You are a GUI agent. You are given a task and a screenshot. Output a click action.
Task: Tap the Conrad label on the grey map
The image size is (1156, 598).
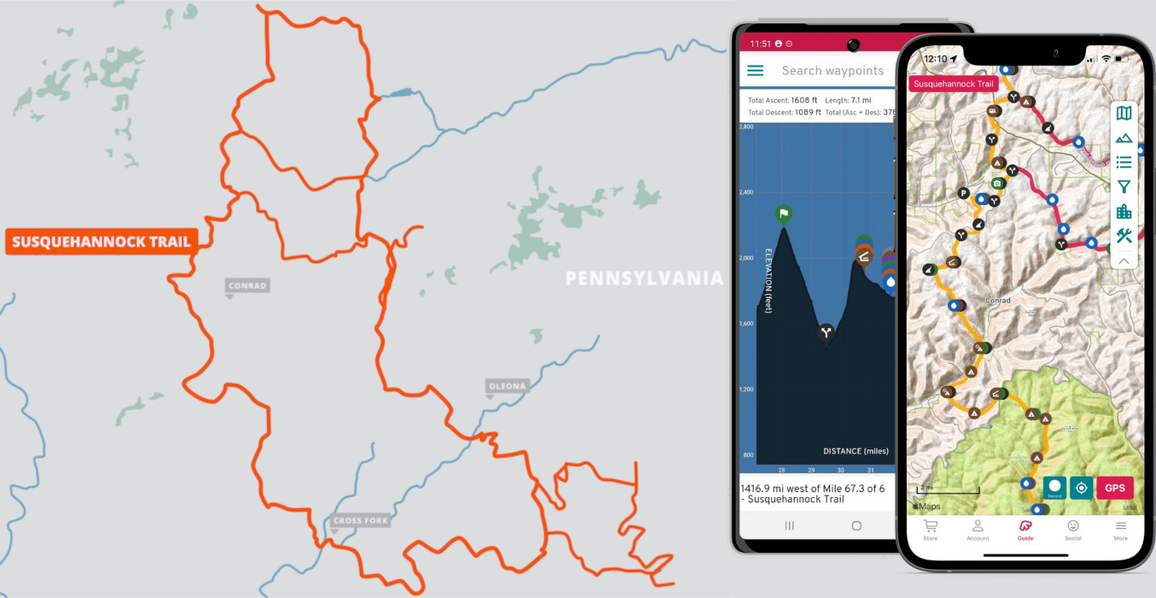point(248,285)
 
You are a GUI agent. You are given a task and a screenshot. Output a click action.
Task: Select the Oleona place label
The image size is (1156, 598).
point(507,386)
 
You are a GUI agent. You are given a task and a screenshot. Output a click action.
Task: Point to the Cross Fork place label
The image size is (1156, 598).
point(360,520)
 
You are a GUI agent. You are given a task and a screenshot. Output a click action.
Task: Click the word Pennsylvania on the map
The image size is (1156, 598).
point(644,278)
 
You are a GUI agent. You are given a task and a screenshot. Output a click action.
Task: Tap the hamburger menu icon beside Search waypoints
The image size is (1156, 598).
point(756,71)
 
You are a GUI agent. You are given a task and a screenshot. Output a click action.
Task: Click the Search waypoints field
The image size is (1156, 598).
point(832,71)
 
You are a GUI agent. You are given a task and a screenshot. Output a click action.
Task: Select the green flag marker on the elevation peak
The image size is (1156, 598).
point(784,214)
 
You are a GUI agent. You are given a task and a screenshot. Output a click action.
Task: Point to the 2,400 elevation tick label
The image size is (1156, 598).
point(746,192)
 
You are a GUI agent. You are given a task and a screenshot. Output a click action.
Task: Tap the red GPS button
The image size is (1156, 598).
point(1115,488)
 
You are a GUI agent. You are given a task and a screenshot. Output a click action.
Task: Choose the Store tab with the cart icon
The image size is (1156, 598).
point(931,529)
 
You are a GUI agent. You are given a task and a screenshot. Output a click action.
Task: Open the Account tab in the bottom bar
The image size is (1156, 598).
point(978,529)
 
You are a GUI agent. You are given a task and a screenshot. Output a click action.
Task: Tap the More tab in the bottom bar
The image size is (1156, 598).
point(1120,529)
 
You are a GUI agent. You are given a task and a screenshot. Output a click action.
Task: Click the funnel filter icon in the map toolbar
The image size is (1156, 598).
point(1124,187)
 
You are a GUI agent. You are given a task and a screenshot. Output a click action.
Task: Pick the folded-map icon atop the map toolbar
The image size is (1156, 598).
point(1124,114)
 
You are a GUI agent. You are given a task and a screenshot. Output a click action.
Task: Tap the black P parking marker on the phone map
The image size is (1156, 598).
point(963,193)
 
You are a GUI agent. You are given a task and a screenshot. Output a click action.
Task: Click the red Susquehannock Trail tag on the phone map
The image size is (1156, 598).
point(954,84)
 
